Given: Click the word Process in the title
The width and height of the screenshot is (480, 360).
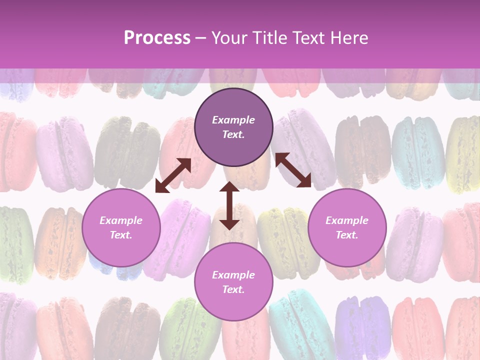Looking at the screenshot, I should point(157,37).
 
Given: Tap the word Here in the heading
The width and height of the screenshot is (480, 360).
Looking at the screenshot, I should point(346,37).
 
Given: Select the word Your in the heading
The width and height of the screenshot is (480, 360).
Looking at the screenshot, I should point(230,37).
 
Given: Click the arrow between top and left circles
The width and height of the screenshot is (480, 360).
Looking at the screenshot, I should point(173,175).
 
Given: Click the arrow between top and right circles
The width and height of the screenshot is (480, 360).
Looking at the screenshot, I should point(293,170).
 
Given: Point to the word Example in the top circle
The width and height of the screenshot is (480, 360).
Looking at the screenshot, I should point(233,120).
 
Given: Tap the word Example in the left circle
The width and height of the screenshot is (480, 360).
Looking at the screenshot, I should point(121,220).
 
